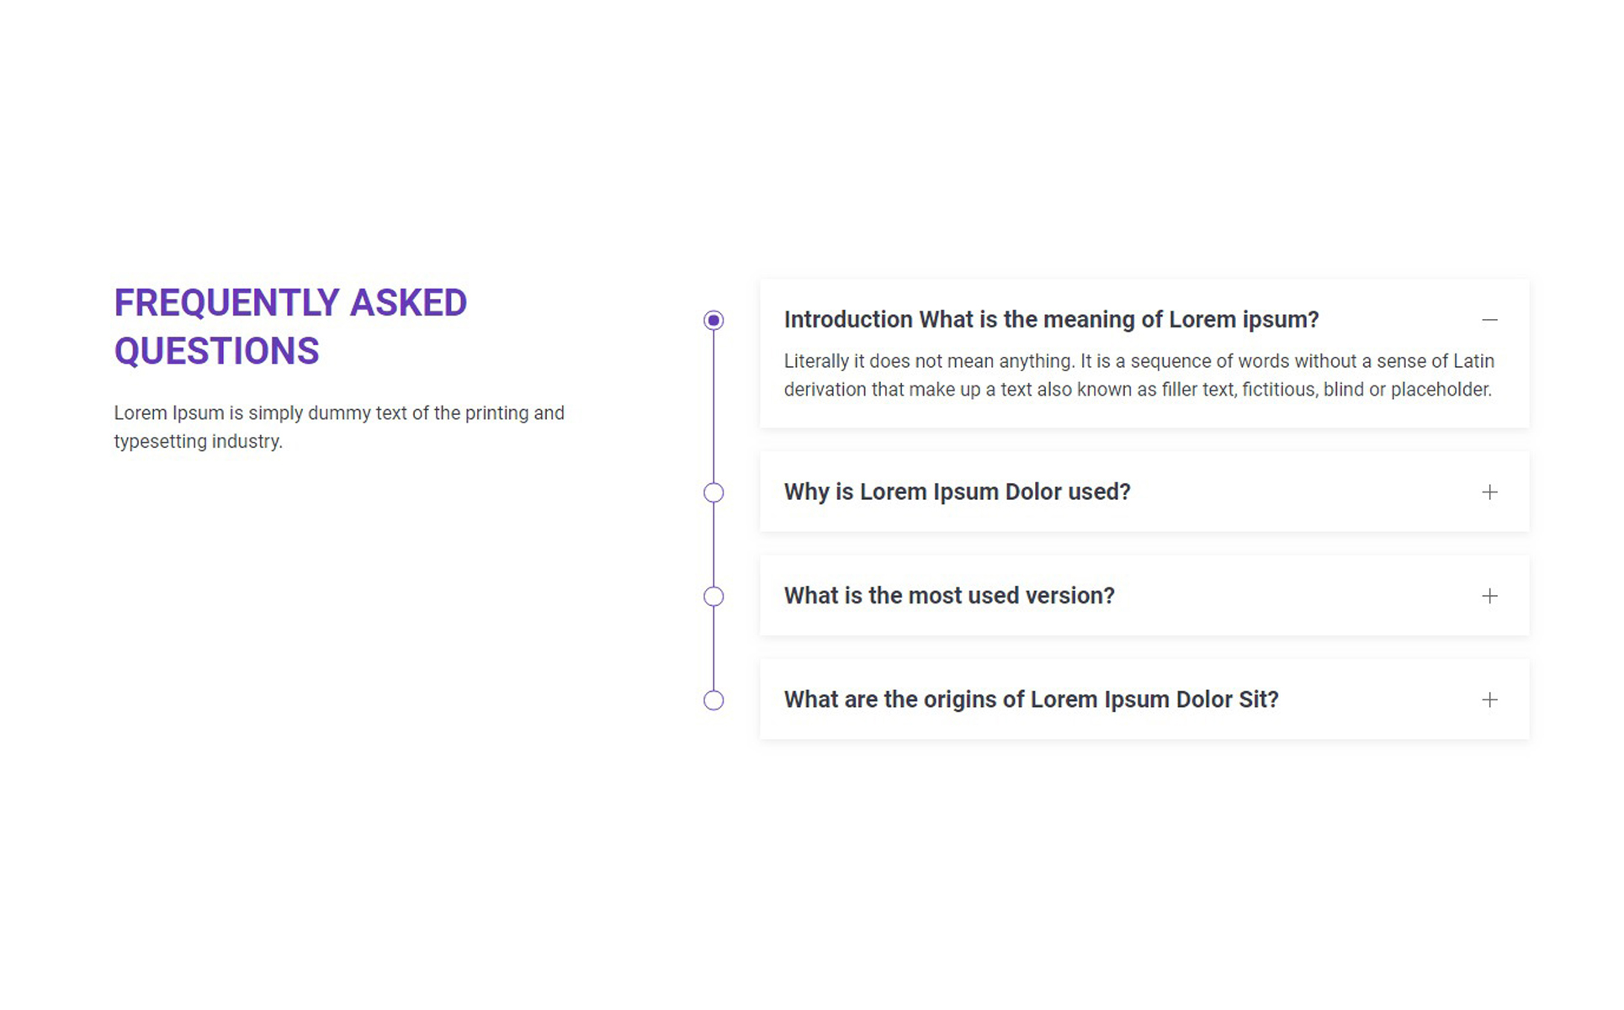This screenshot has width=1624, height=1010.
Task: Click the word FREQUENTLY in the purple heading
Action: [x=227, y=303]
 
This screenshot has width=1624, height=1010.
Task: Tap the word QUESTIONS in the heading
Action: [x=217, y=351]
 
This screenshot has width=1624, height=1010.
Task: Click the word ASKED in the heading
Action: [x=408, y=303]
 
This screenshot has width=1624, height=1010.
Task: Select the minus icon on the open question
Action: [x=1489, y=320]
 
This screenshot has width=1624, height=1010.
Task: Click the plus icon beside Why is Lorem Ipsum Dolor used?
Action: [x=1489, y=492]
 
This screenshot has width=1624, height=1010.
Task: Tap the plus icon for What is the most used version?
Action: [x=1489, y=596]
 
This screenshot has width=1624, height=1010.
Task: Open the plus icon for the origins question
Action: [x=1489, y=699]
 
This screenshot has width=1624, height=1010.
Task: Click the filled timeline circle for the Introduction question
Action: [x=714, y=320]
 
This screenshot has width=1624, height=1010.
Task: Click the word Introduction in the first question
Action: [x=848, y=320]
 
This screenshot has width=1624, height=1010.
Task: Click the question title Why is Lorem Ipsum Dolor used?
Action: [x=958, y=492]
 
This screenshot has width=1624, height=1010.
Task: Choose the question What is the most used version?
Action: [x=949, y=596]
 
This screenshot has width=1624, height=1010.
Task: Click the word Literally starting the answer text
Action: [x=816, y=361]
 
